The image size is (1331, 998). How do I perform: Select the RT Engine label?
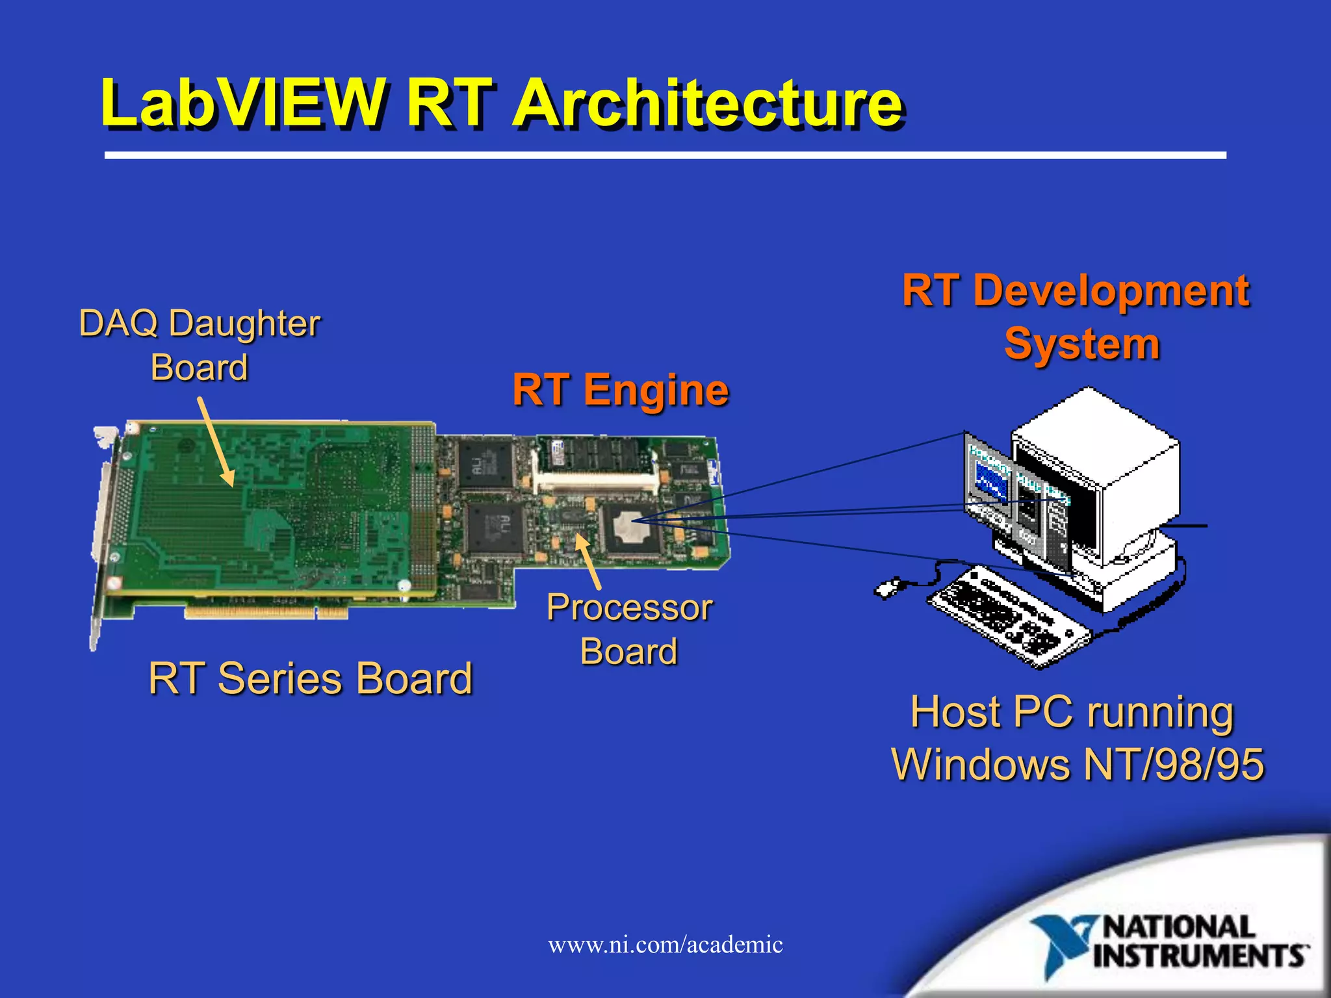(x=621, y=389)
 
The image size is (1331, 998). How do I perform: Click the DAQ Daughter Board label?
(x=199, y=344)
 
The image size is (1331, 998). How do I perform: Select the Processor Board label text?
(x=629, y=629)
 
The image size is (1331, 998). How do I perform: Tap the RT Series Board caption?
(x=311, y=678)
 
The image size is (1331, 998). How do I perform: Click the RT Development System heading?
(x=1076, y=316)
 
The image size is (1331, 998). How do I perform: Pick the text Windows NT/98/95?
(x=1078, y=764)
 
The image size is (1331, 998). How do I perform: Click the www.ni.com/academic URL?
(x=665, y=944)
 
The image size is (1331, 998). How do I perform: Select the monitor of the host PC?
(x=1098, y=481)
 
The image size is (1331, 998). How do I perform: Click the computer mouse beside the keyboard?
(x=888, y=588)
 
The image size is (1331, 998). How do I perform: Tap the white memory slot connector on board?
(x=595, y=483)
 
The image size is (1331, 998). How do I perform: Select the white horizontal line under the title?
(x=665, y=155)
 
